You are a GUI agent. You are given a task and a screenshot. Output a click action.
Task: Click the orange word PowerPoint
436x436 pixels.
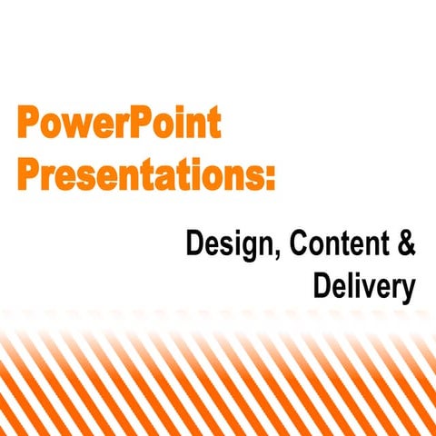(118, 123)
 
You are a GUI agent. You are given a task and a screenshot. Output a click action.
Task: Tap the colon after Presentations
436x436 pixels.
(270, 174)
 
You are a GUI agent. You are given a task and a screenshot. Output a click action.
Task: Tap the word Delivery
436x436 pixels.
(364, 287)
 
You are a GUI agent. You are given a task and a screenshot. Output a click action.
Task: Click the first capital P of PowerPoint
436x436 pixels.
(27, 123)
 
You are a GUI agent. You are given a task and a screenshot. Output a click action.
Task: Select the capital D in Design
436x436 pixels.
(193, 243)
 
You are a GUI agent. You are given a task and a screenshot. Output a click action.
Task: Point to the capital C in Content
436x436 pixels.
(283, 243)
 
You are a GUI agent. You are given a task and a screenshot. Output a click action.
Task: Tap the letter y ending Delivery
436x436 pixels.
(408, 291)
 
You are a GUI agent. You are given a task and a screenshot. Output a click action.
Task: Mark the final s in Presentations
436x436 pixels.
(256, 173)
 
